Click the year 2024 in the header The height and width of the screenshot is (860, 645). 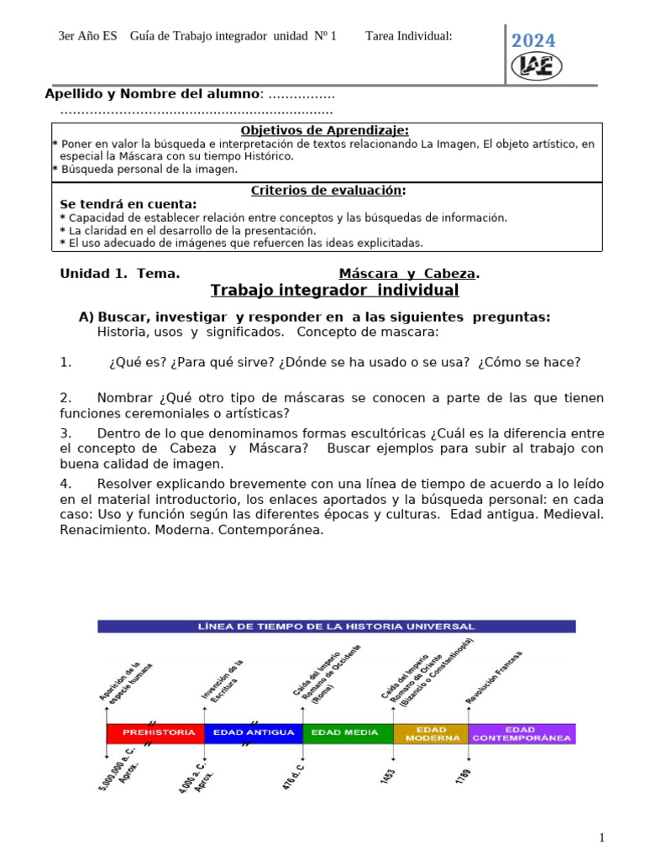[x=534, y=41]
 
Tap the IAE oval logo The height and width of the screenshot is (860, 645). [x=537, y=66]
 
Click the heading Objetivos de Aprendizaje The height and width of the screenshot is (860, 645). [x=325, y=130]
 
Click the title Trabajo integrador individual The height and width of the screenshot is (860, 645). [x=334, y=291]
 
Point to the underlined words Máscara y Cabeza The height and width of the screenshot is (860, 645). [x=409, y=273]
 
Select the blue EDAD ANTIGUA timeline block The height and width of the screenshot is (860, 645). [x=253, y=732]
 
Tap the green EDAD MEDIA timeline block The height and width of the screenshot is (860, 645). [x=346, y=732]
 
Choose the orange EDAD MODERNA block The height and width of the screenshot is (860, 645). [x=431, y=733]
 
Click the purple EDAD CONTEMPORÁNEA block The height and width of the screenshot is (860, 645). [x=522, y=733]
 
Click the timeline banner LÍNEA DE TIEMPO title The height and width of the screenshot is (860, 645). [x=336, y=627]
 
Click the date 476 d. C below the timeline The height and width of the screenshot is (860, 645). [x=293, y=777]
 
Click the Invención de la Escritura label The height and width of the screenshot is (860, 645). [x=223, y=680]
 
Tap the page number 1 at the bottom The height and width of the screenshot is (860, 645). [x=601, y=837]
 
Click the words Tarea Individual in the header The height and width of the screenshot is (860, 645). [x=409, y=35]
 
